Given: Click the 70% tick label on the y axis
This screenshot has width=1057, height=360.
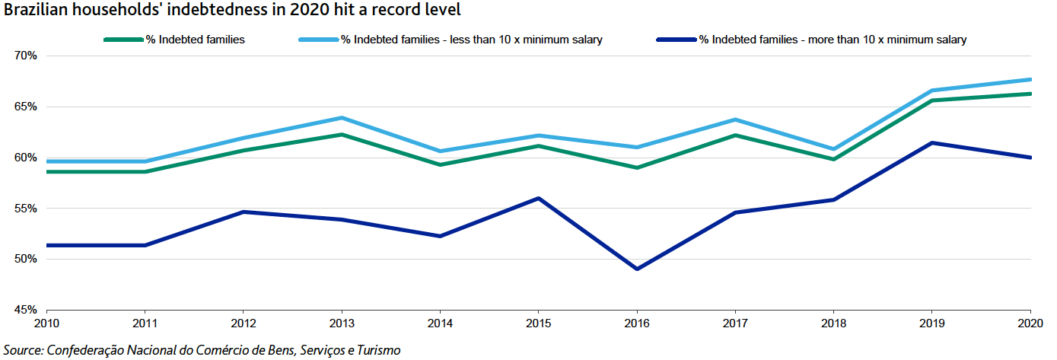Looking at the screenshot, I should click(25, 56).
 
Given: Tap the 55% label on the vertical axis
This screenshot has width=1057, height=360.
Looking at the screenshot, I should click(25, 209).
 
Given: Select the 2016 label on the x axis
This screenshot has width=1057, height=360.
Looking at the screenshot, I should click(636, 323).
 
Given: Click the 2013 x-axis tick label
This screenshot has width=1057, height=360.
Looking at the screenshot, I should click(341, 323).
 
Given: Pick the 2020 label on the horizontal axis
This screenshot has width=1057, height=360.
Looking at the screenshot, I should click(1030, 323).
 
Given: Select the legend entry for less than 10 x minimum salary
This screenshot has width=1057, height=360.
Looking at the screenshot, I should click(472, 40).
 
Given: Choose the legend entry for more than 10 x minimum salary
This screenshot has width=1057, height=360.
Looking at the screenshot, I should click(833, 40).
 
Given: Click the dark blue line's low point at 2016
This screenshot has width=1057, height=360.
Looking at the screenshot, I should click(636, 269).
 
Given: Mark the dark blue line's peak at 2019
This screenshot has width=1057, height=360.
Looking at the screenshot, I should click(932, 143).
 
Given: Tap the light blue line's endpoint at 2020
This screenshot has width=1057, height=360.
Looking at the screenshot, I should click(1030, 79).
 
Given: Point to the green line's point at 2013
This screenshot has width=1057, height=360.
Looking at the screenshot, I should click(342, 135).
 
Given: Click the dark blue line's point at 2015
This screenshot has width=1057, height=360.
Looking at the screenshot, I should click(538, 199).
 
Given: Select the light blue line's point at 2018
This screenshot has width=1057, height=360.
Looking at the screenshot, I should click(834, 149).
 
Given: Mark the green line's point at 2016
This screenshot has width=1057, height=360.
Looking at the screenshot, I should click(636, 167).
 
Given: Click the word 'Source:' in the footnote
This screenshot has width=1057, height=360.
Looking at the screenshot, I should click(23, 350).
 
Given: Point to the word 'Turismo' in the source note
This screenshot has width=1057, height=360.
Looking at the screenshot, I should click(377, 350).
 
